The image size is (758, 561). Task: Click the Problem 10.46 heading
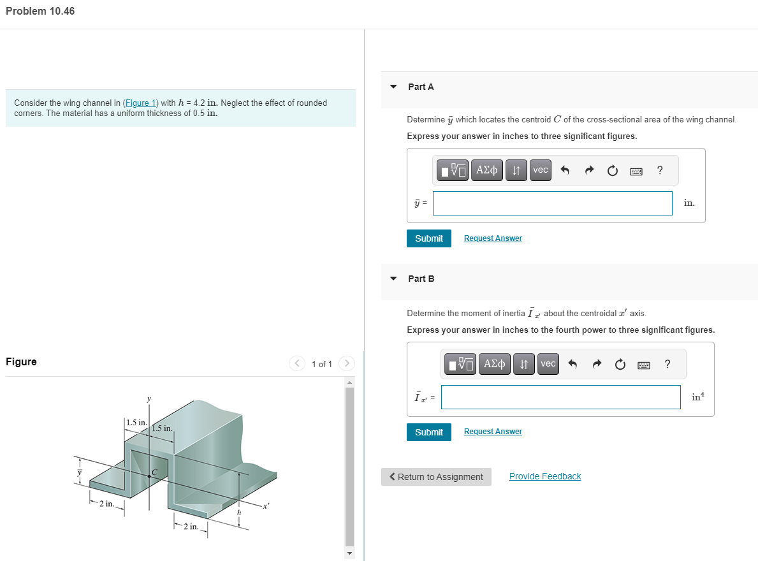tap(40, 11)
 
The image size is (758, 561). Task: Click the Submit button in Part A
tap(429, 238)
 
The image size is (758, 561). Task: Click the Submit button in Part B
tap(429, 432)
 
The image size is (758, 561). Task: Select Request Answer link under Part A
tap(493, 238)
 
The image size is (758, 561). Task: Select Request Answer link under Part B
tap(493, 432)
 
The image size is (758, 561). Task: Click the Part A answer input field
tap(552, 203)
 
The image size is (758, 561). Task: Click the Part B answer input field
tap(560, 397)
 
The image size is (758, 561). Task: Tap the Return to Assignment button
tap(437, 477)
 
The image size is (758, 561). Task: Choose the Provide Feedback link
tap(545, 477)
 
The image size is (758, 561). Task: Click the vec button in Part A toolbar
tap(541, 170)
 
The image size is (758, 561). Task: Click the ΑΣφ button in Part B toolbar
tap(495, 364)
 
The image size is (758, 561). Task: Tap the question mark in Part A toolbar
tap(660, 170)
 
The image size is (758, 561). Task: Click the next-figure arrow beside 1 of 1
tap(346, 363)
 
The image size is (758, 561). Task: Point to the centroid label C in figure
tap(154, 472)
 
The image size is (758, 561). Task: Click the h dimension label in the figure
tap(239, 513)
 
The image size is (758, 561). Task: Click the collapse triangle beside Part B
tap(393, 279)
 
